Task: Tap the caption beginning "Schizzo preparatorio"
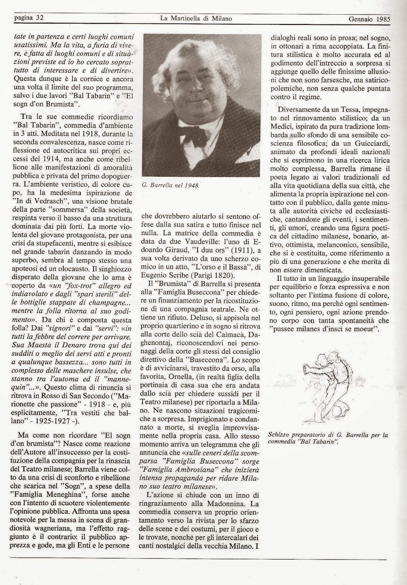tap(328, 438)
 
